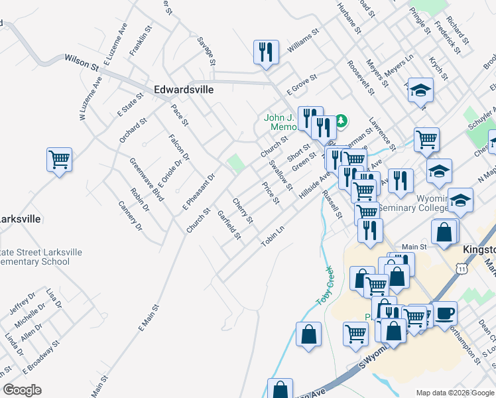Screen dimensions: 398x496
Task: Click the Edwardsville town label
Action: click(184, 89)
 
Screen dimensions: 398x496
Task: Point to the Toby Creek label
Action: click(323, 286)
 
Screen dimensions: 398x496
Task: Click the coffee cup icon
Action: click(444, 313)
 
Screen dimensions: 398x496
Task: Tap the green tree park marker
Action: click(341, 121)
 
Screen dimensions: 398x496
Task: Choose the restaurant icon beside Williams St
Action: click(266, 52)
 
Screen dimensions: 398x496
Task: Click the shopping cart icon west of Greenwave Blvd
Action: click(60, 160)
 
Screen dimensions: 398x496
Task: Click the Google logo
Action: click(22, 390)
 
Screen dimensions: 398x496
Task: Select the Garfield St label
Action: click(229, 226)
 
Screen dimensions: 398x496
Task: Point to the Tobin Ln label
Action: click(273, 235)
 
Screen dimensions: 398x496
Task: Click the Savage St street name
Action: click(206, 50)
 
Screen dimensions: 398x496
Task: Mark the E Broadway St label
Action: click(40, 356)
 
